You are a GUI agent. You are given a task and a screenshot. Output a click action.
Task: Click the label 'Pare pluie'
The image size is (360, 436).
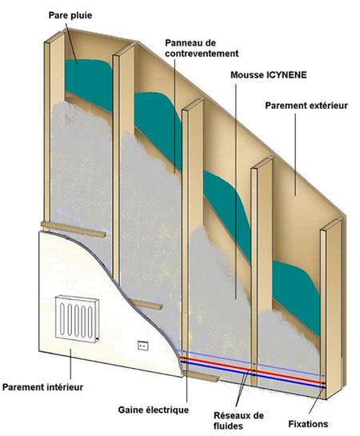[70, 15]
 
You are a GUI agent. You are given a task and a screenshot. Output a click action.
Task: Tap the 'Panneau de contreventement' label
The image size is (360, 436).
[202, 48]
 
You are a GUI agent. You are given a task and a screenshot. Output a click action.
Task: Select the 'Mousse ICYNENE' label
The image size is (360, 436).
[269, 74]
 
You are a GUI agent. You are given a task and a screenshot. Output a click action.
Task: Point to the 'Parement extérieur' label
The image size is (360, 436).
[306, 106]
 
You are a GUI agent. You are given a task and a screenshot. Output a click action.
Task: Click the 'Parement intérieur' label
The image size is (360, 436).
[43, 387]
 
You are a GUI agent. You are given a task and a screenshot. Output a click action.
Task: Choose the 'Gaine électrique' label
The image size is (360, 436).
[154, 410]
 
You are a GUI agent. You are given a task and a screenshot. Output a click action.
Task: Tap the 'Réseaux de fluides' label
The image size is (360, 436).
[238, 421]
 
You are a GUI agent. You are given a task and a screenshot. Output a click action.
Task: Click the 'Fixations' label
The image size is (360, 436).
[308, 424]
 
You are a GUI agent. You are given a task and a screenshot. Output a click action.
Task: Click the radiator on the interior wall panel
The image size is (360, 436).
[77, 320]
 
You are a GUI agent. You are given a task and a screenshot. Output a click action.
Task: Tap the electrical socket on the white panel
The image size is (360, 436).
[143, 346]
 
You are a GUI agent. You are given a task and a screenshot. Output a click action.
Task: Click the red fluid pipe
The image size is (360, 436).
[252, 370]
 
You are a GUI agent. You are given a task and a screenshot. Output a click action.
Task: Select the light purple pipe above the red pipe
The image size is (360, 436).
[250, 362]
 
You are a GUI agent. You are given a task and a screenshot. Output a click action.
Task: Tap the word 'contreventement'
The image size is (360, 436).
[202, 54]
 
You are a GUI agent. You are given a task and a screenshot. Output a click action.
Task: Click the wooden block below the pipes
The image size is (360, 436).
[201, 376]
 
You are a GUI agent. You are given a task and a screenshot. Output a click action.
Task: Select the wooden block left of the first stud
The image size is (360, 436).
[74, 229]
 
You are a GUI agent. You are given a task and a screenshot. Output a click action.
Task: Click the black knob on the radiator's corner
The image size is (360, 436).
[97, 339]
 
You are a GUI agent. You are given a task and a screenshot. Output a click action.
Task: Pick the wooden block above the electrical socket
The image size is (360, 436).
[145, 304]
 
